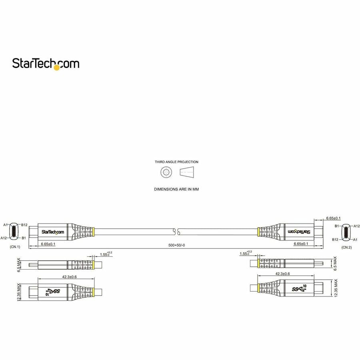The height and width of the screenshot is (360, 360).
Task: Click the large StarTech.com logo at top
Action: tap(46, 64)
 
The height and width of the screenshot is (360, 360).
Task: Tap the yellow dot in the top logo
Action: tap(56, 68)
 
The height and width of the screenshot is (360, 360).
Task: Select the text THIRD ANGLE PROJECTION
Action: tap(176, 162)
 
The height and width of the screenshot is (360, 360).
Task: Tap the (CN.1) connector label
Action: tap(15, 247)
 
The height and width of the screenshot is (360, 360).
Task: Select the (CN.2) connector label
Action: tap(346, 247)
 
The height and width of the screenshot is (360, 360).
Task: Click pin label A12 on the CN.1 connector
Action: tap(4, 238)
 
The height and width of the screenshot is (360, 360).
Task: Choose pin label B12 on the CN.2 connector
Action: tap(335, 239)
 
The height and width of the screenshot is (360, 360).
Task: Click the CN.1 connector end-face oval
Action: tap(14, 231)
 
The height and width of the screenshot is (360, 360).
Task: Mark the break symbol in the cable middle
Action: tap(176, 231)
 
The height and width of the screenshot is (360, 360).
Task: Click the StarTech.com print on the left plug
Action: tap(52, 232)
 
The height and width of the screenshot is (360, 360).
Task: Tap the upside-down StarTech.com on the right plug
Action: tap(300, 231)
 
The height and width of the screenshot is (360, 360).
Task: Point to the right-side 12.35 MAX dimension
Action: tap(336, 288)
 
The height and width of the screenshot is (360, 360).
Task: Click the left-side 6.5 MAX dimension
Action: tap(19, 265)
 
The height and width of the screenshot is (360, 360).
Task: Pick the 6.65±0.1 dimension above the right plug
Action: tap(333, 218)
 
